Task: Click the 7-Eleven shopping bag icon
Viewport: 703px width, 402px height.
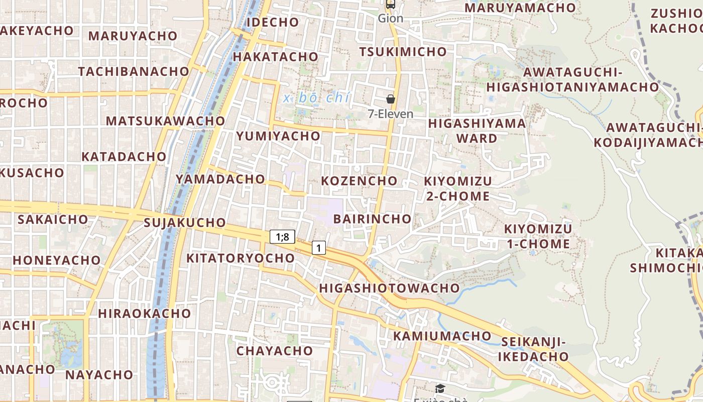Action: point(390,99)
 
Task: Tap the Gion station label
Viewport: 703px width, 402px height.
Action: point(390,19)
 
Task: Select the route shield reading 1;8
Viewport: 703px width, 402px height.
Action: point(282,237)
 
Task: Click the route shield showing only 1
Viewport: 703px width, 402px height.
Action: point(318,247)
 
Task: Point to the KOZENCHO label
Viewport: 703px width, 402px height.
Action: point(359,180)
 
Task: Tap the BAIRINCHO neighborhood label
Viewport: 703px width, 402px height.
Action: point(372,219)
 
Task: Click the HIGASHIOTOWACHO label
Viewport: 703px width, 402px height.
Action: point(389,288)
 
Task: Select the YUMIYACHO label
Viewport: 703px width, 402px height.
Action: point(278,136)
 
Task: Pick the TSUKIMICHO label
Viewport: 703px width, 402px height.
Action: point(403,52)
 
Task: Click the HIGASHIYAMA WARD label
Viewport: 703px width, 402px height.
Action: point(477,131)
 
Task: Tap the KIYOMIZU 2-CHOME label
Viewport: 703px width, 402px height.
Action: point(458,188)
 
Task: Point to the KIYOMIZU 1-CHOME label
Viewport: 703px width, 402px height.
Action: point(537,237)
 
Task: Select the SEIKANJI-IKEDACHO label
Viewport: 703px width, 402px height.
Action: point(533,350)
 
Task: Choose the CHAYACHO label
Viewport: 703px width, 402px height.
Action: point(275,351)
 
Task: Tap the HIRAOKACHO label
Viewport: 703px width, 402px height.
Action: point(145,314)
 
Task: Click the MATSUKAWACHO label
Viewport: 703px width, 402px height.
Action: point(166,121)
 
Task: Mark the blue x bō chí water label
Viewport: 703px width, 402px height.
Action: point(316,98)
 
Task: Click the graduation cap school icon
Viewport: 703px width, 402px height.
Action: point(440,388)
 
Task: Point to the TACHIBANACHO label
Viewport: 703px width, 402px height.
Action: point(134,71)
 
